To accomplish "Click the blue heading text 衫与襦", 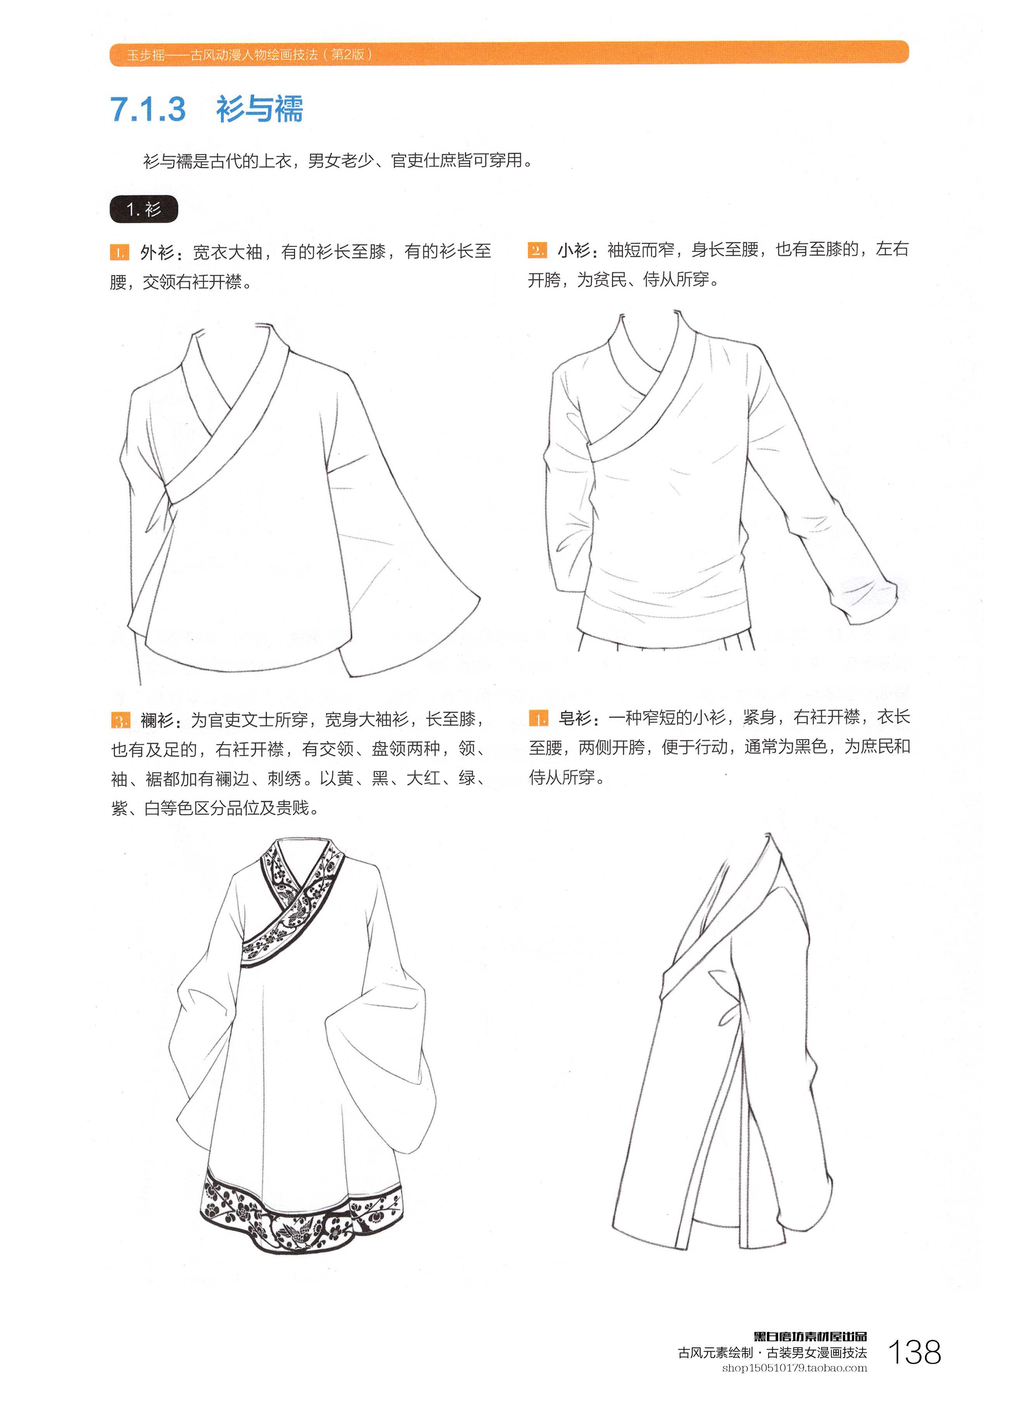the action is click(x=259, y=109).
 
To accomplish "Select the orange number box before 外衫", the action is click(x=120, y=253).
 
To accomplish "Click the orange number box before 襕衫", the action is click(x=120, y=720).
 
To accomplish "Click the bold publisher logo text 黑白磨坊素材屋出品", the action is click(x=810, y=1336).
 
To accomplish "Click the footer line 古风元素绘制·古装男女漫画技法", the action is click(x=773, y=1353).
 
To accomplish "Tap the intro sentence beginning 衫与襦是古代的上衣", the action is click(x=338, y=161).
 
